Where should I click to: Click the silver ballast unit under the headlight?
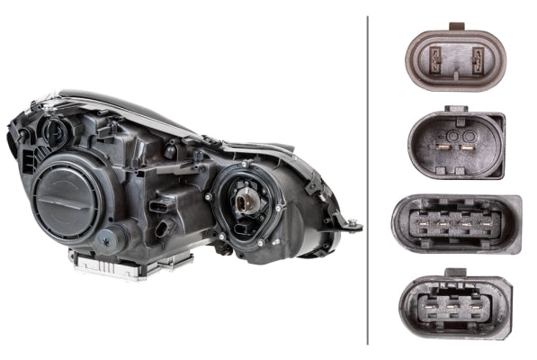point(131,262)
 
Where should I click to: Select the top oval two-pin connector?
point(455,60)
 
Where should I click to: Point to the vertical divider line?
point(368,180)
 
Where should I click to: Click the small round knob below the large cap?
point(108,238)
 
